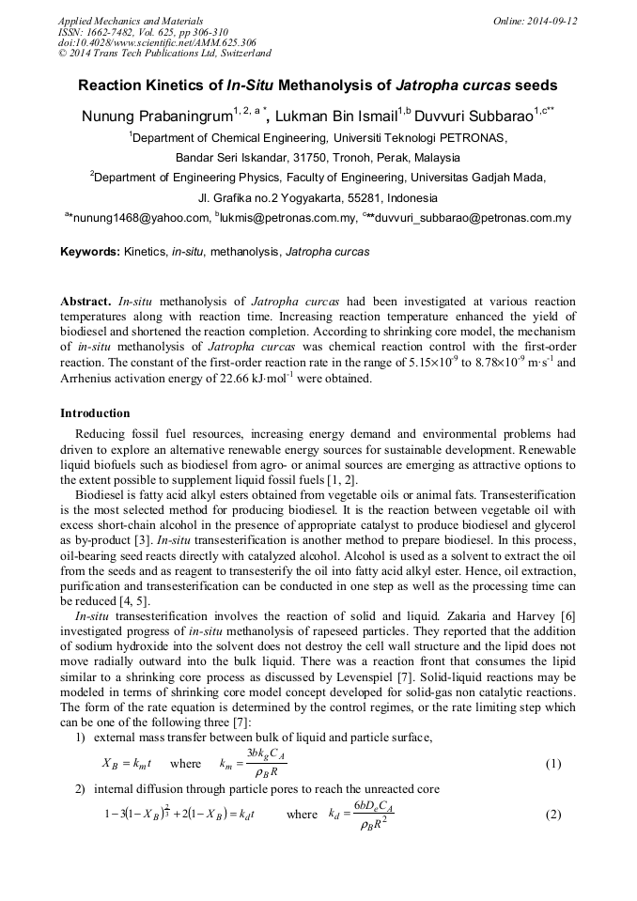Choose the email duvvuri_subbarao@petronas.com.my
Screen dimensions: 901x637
(x=478, y=219)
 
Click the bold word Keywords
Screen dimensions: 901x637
(x=90, y=252)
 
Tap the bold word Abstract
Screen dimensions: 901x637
(x=86, y=302)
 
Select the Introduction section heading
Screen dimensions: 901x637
(x=95, y=413)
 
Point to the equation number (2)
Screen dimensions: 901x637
(x=553, y=815)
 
